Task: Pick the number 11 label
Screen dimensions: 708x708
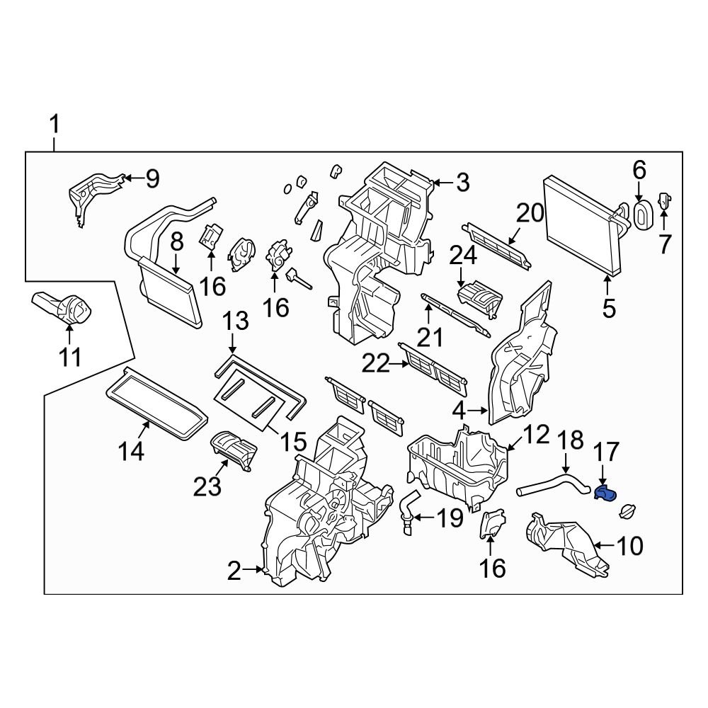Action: [x=69, y=358]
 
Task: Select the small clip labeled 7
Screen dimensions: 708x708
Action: [x=666, y=202]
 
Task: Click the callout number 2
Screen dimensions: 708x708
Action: [x=235, y=571]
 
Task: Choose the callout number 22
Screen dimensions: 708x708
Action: [x=376, y=364]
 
